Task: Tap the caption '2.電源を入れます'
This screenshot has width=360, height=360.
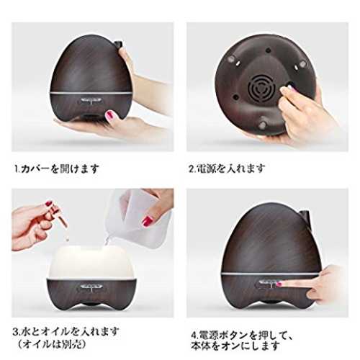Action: (227, 168)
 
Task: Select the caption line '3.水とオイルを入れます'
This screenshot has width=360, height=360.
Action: (66, 331)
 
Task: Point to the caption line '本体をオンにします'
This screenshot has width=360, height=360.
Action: (235, 346)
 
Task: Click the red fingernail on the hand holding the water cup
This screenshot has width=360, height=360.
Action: (148, 221)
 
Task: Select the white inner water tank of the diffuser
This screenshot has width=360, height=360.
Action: (91, 262)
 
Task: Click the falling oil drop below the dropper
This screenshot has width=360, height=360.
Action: (68, 239)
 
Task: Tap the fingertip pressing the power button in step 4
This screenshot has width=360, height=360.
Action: (279, 284)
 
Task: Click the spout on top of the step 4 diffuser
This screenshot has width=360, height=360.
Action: (305, 213)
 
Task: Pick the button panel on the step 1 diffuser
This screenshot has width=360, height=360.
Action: (91, 101)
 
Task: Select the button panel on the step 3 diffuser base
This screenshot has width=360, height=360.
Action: (91, 287)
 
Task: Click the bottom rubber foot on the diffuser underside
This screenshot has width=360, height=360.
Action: (263, 125)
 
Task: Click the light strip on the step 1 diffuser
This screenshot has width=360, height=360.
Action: (91, 91)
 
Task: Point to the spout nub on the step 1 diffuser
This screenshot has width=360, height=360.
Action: (117, 44)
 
